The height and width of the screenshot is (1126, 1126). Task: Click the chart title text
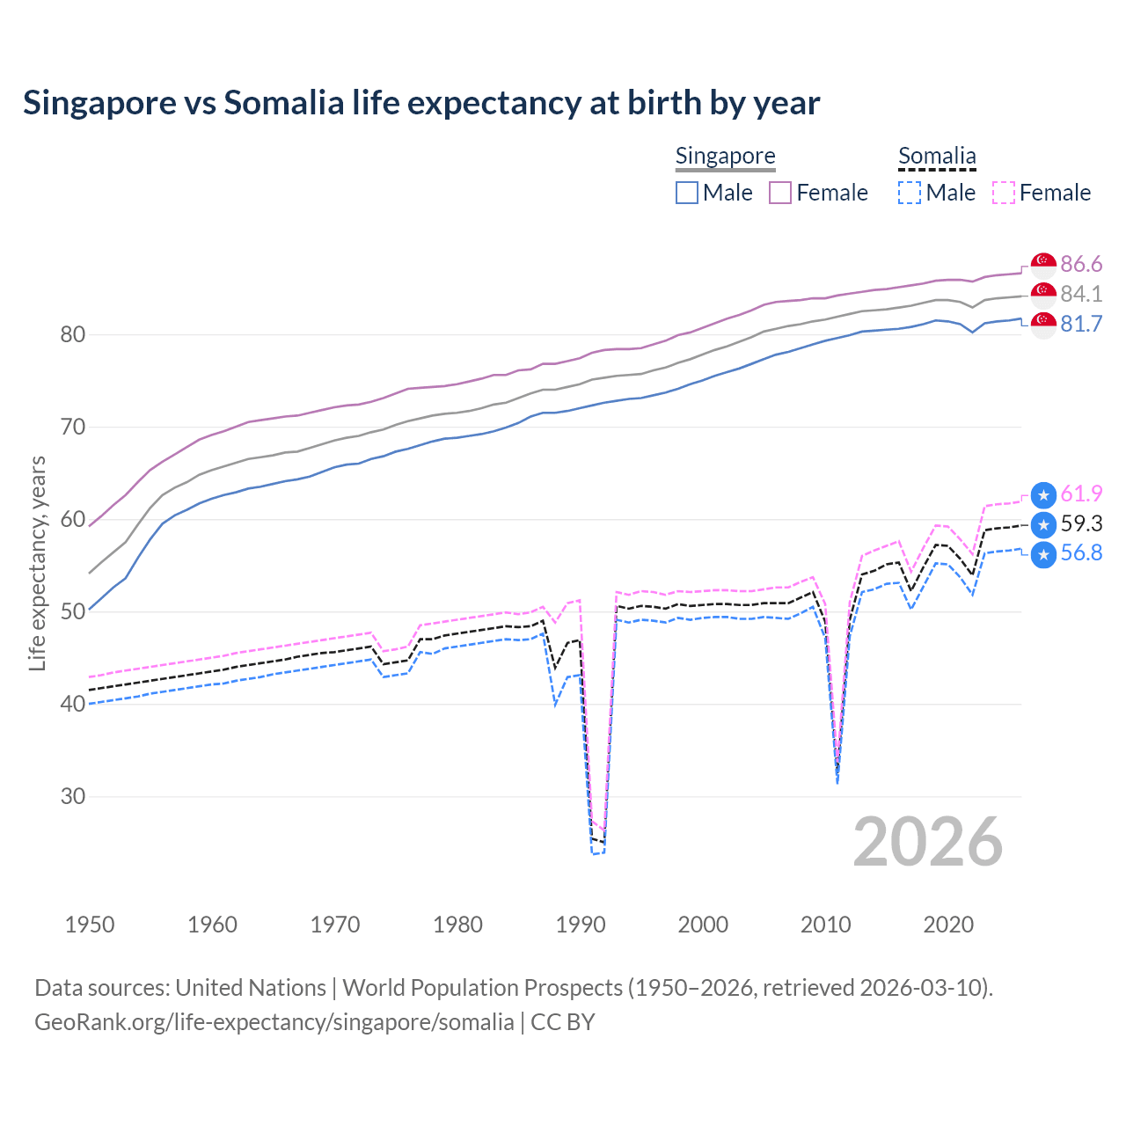click(421, 103)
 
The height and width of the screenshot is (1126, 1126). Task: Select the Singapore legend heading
click(725, 156)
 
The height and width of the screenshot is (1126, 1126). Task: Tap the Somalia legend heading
click(937, 156)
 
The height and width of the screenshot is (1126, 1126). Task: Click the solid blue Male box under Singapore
click(687, 193)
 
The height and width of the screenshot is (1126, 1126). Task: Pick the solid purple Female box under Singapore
click(780, 193)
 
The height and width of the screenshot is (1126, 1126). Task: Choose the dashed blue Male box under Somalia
click(910, 193)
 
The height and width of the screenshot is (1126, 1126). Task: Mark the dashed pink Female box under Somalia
click(1004, 193)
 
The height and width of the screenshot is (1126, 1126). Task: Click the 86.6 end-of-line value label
click(1081, 264)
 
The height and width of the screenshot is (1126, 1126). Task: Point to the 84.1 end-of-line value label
click(1081, 294)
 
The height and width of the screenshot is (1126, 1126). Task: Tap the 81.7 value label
click(1081, 324)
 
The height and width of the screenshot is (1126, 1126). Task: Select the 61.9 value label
click(1081, 494)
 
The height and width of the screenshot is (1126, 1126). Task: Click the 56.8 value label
click(1081, 552)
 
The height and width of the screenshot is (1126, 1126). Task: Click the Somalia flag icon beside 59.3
click(1043, 525)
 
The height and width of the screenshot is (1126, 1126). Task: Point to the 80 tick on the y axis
click(73, 334)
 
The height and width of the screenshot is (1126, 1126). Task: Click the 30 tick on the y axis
click(73, 796)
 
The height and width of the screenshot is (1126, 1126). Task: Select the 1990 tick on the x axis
click(581, 925)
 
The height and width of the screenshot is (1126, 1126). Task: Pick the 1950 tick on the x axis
click(90, 925)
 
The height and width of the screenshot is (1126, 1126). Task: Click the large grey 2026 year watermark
click(928, 842)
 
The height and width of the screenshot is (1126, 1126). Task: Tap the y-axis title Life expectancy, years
click(37, 563)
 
